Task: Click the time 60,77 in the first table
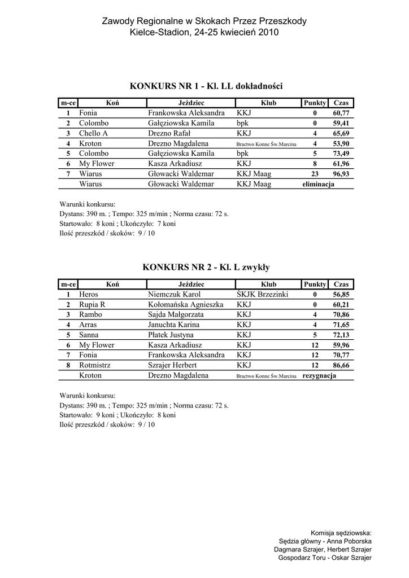[341, 113]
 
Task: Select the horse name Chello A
[93, 133]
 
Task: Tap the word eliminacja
[318, 184]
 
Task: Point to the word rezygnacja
[319, 375]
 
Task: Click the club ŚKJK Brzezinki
[263, 294]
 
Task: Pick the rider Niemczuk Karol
[174, 294]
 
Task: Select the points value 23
[315, 174]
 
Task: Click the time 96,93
[341, 174]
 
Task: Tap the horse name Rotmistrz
[95, 365]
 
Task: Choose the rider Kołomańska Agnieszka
[186, 304]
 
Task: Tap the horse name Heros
[89, 294]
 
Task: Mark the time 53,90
[341, 143]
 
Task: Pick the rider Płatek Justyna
[171, 335]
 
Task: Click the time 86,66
[341, 365]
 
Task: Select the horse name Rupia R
[92, 304]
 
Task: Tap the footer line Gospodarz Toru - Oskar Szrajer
[325, 558]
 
